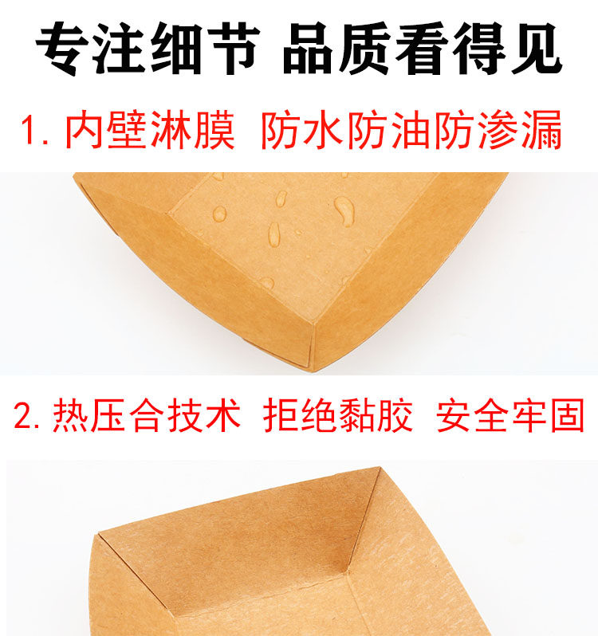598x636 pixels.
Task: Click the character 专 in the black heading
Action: tap(62, 49)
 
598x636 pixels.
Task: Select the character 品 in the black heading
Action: tap(308, 49)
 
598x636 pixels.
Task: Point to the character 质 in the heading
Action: tap(365, 49)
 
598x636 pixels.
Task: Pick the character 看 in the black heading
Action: tap(422, 49)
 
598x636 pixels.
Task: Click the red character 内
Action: tap(83, 130)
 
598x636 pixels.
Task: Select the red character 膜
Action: tap(214, 130)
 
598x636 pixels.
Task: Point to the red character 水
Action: tap(324, 130)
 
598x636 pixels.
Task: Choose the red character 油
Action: tap(411, 130)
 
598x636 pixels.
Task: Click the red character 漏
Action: tap(541, 130)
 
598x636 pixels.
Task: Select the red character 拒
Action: tap(281, 414)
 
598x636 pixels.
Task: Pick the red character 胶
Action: tap(395, 414)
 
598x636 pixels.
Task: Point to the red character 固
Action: tap(567, 414)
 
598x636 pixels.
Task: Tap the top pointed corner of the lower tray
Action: tap(379, 468)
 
